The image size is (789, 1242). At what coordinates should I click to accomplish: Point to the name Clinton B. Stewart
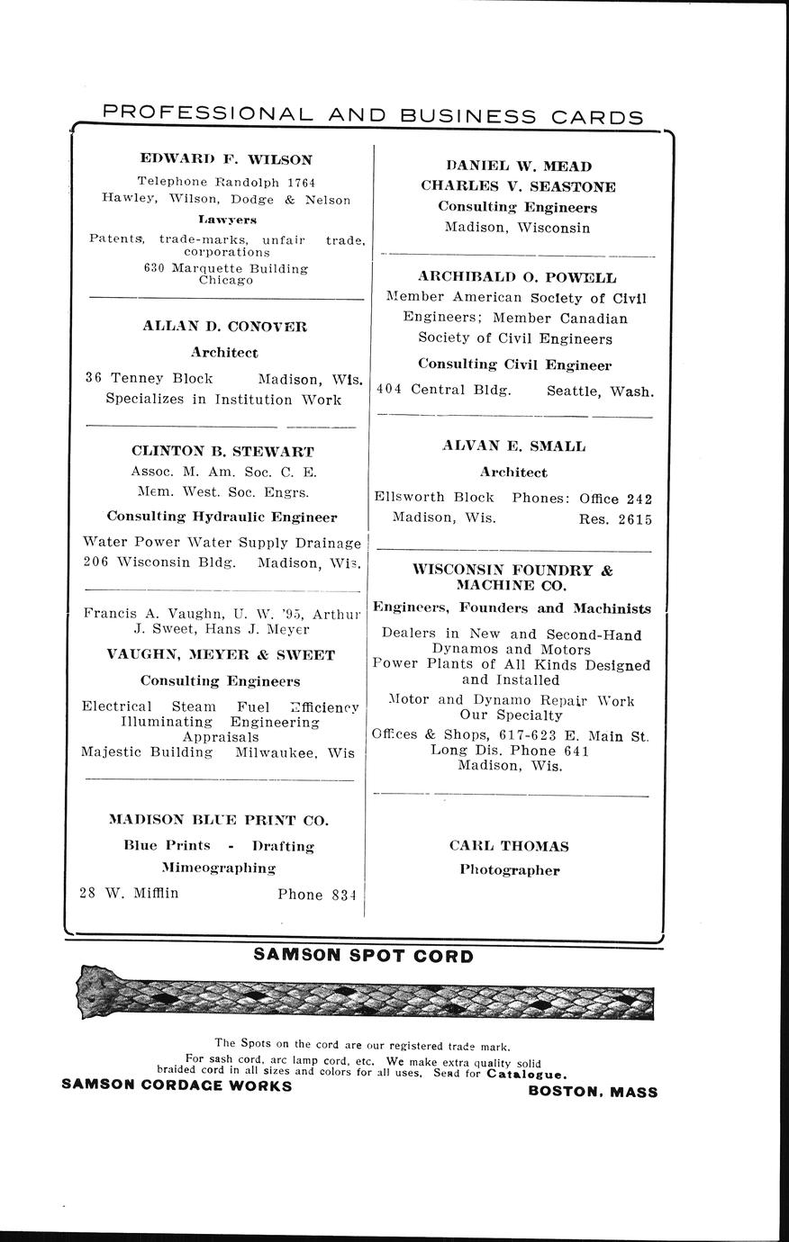click(222, 450)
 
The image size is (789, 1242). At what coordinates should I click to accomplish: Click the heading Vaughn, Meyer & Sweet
click(221, 654)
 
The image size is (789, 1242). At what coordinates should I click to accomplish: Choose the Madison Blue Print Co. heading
click(219, 820)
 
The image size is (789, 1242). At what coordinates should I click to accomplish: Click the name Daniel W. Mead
click(519, 166)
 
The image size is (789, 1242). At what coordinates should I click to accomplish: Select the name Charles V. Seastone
click(518, 186)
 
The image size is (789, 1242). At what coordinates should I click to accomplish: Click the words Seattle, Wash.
click(600, 391)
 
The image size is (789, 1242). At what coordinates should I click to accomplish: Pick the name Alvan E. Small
click(513, 445)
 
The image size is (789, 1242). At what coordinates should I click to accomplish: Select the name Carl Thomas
click(509, 846)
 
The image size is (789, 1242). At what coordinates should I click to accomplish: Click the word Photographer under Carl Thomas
click(509, 870)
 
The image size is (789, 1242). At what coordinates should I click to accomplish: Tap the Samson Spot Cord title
click(363, 955)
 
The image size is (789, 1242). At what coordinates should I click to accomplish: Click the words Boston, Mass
click(593, 1092)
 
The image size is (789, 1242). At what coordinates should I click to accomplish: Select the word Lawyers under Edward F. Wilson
click(228, 219)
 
